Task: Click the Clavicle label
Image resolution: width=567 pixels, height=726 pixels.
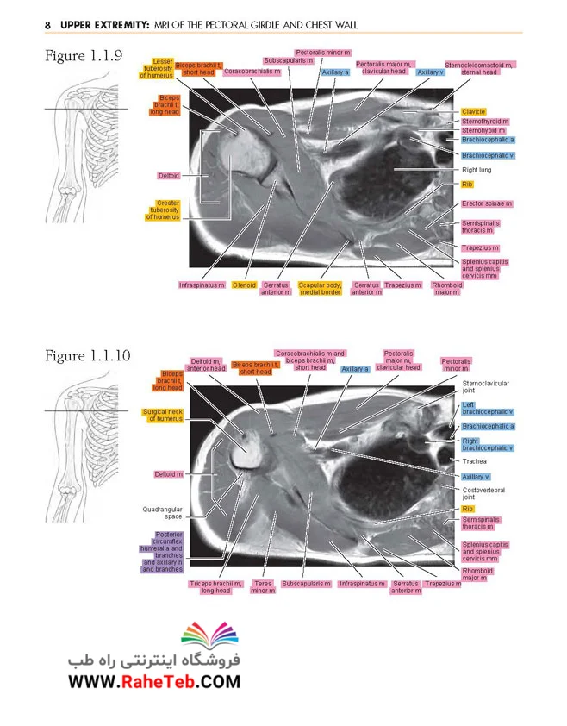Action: click(473, 111)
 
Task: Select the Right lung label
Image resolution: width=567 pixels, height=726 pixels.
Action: click(477, 170)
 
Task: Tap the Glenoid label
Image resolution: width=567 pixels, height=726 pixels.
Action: click(244, 285)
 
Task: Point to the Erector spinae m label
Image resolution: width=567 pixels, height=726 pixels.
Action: click(487, 203)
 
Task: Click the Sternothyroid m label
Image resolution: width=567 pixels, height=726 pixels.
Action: click(485, 122)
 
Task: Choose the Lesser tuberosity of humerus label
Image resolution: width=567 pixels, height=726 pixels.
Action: click(157, 68)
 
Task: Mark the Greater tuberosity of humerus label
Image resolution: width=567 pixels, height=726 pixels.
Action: click(163, 210)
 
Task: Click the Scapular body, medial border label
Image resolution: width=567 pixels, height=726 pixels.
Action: click(320, 289)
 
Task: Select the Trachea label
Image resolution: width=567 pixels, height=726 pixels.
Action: click(474, 461)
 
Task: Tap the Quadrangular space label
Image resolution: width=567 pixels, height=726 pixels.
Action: click(163, 512)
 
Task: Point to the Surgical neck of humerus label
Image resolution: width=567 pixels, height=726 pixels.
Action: click(163, 416)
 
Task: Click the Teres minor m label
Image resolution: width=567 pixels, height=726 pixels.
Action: click(263, 587)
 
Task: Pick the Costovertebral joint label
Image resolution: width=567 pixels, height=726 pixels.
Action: click(483, 493)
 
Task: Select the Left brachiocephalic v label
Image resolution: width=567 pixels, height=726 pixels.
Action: click(488, 408)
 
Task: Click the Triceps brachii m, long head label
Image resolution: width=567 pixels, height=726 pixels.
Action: click(215, 587)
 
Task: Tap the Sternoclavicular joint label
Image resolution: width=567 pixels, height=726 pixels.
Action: click(485, 386)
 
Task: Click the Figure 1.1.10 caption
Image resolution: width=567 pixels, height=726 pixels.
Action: click(88, 355)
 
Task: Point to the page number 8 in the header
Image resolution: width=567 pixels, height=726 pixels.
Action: click(47, 25)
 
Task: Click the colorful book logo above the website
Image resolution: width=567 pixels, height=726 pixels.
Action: click(209, 635)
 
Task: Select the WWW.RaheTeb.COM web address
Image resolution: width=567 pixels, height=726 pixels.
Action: click(154, 681)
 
